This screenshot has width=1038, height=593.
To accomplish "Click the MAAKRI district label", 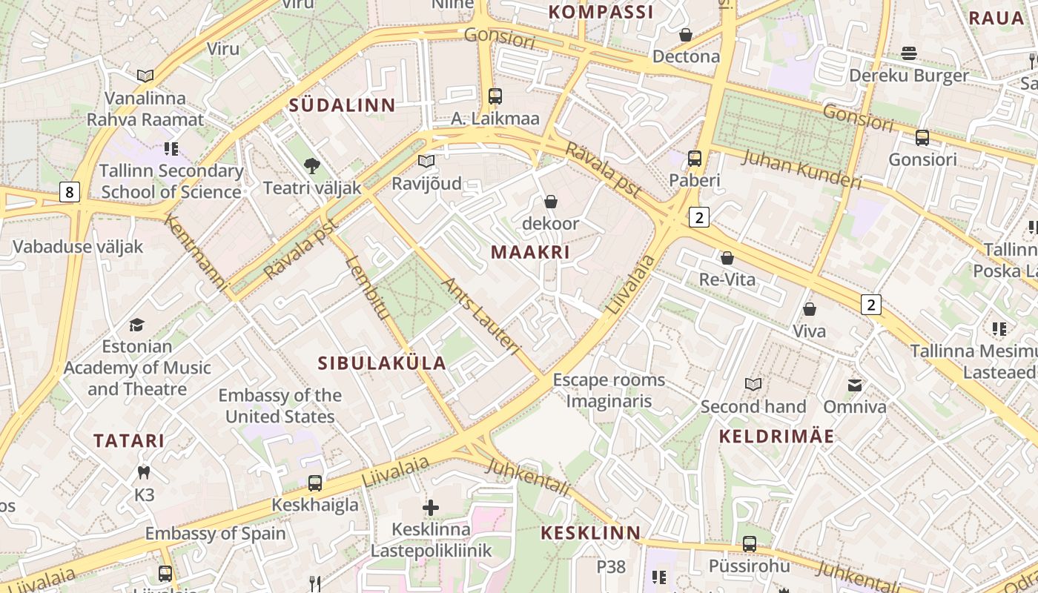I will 530,252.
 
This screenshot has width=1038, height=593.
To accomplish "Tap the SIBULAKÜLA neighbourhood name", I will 382,363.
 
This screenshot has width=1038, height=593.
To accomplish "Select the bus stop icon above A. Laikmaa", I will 495,96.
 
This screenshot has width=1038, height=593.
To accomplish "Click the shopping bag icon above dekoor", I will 551,202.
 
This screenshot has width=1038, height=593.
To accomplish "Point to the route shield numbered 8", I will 69,193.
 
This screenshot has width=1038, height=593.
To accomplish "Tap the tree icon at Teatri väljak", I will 312,166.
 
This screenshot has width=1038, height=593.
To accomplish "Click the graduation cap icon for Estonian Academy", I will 136,325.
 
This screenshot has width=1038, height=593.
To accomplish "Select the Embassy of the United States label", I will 280,406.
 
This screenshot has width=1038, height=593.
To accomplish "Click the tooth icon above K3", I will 144,471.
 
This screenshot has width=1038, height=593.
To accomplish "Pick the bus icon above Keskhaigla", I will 315,483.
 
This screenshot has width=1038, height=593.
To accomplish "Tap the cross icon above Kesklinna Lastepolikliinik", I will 431,508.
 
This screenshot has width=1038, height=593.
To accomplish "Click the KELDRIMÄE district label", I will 777,437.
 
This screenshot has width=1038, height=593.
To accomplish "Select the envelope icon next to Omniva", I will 855,385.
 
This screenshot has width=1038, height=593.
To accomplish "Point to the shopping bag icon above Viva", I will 810,309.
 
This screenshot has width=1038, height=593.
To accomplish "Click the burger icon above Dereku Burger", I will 909,53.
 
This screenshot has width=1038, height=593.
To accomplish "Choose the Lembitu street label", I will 367,288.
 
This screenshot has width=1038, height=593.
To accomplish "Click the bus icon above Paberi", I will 695,158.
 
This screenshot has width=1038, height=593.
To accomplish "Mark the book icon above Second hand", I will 753,384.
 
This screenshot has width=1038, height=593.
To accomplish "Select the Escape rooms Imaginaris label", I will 609,391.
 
